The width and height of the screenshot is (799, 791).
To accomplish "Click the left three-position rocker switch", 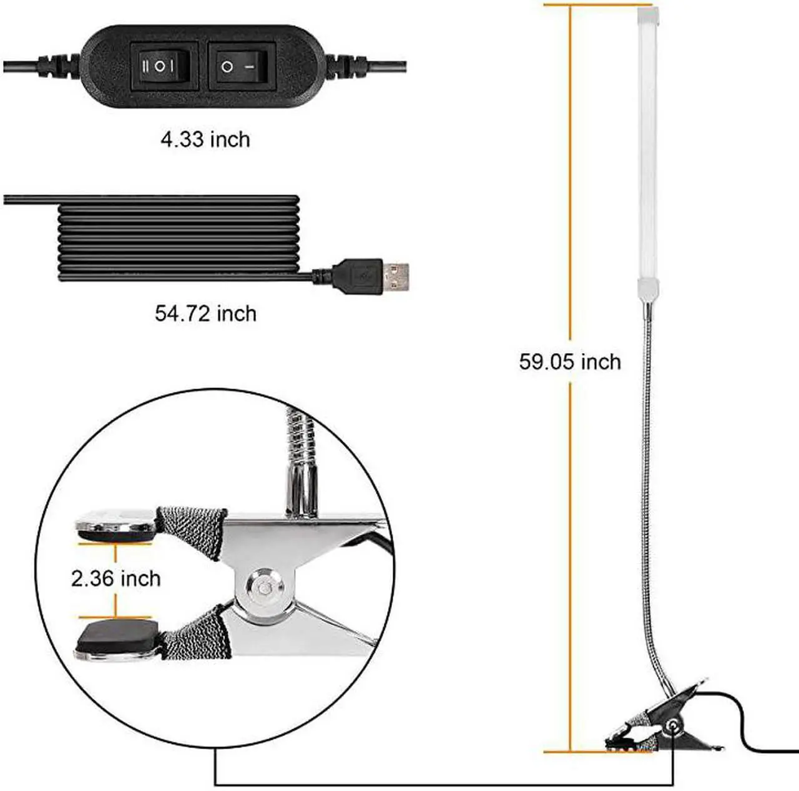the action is click(165, 66).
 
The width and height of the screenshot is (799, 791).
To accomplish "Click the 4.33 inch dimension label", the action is click(205, 139).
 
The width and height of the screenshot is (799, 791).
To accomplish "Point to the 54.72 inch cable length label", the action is click(205, 312).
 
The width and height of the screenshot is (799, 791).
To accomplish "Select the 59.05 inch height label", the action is click(570, 362).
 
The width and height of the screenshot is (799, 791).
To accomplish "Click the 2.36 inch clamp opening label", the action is click(116, 579).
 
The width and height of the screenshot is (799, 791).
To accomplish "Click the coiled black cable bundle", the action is click(178, 238).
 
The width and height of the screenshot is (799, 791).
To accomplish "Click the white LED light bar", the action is click(647, 144).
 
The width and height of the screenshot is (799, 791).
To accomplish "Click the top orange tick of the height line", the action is click(569, 5).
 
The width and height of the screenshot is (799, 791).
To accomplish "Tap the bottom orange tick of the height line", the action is click(569, 752).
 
